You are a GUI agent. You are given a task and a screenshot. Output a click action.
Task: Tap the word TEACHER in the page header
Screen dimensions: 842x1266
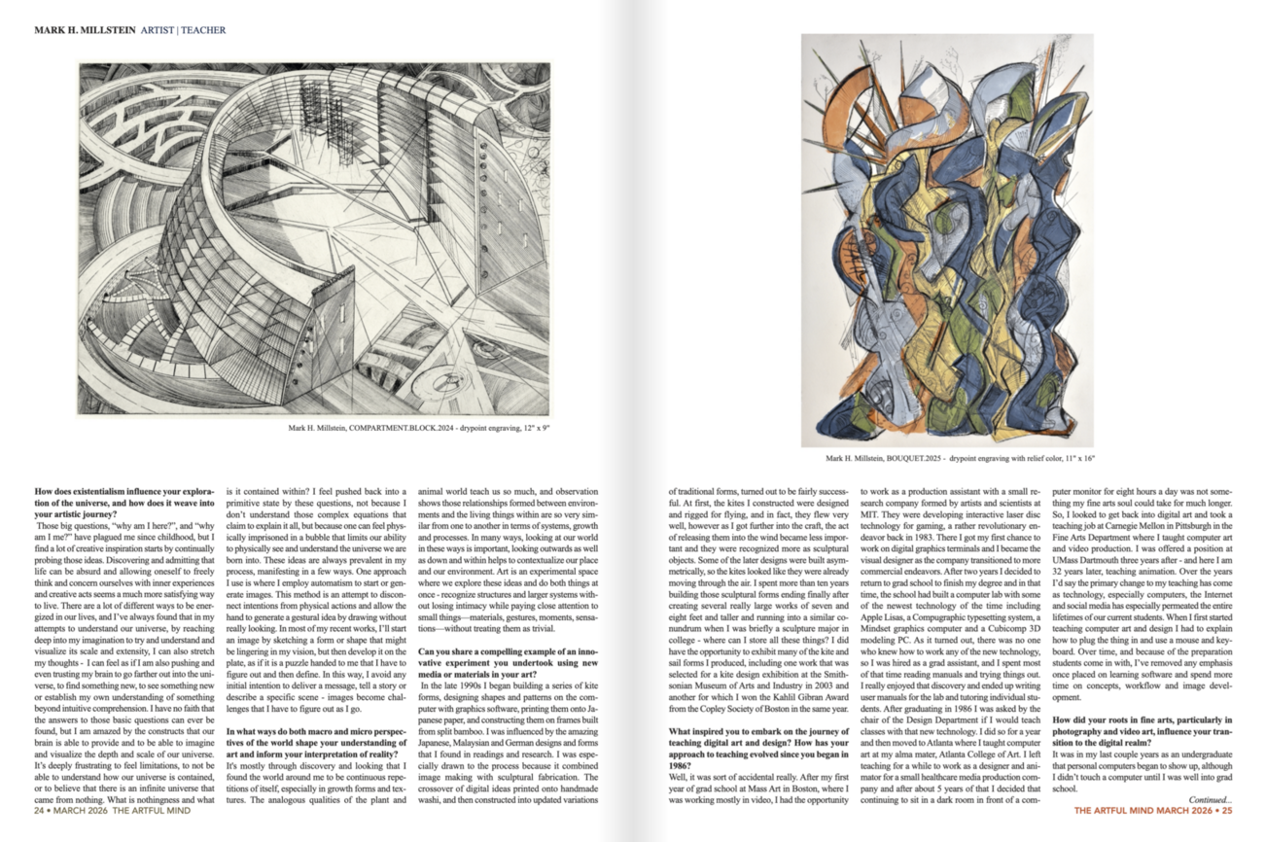click(x=201, y=30)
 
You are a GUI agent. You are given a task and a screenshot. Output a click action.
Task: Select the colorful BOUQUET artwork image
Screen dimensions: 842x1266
click(x=946, y=240)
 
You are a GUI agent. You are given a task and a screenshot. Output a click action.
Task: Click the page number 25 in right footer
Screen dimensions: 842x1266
click(x=1226, y=810)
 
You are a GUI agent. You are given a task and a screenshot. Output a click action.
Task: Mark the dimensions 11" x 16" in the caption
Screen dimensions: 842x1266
click(x=1075, y=458)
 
